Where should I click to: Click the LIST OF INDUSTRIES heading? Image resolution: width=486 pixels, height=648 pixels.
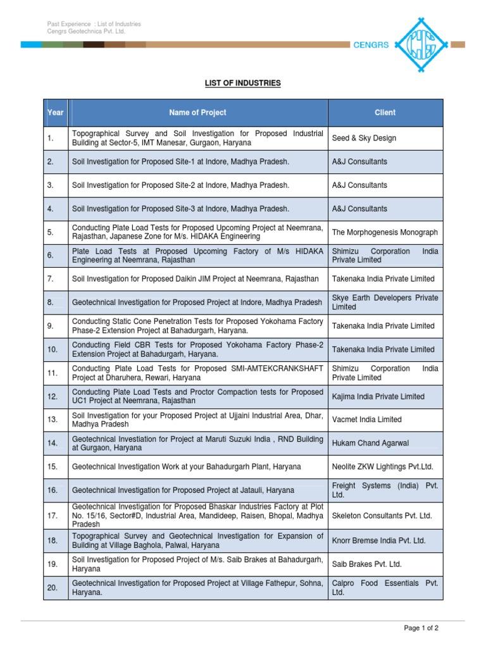click(x=242, y=83)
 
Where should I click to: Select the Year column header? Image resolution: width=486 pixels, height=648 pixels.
click(x=56, y=113)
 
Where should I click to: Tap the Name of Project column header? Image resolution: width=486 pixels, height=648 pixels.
click(x=197, y=113)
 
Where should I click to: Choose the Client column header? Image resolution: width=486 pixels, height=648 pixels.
click(x=385, y=113)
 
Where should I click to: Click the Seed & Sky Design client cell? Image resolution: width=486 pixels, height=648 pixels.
click(x=364, y=138)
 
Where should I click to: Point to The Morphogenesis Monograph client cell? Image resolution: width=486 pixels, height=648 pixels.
click(x=385, y=232)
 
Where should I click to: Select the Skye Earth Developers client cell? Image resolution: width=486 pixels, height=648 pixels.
click(x=385, y=302)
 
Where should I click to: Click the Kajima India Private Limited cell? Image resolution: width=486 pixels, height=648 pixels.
click(x=378, y=397)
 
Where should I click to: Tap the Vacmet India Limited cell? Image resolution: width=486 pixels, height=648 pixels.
click(x=366, y=420)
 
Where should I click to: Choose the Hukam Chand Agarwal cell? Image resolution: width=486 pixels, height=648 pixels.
click(x=370, y=444)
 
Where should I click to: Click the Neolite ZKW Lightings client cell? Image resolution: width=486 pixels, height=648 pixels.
click(x=382, y=466)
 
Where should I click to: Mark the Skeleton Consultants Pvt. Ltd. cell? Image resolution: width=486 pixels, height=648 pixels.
click(x=382, y=516)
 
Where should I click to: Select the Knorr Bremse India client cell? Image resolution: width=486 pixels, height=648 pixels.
click(x=378, y=540)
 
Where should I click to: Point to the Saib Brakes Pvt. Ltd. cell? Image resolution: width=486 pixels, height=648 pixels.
click(x=366, y=564)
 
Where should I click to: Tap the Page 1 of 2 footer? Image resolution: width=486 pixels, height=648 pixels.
click(x=421, y=628)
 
